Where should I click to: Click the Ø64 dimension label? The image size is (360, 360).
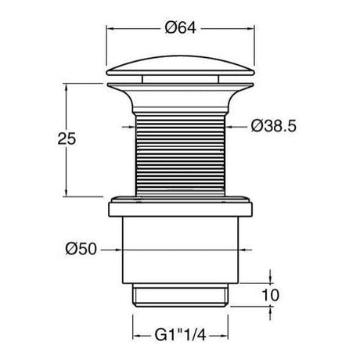pos(180,27)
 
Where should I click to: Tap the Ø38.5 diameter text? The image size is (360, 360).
pos(274,126)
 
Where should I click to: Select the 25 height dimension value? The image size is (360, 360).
pos(67,139)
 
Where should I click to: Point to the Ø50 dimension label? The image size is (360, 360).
pos(81,249)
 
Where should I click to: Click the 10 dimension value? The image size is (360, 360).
pos(271,295)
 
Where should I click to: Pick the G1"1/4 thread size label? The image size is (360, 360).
pos(180,335)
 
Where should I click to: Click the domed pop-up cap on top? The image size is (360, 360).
pos(180,66)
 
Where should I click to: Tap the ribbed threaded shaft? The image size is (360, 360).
pos(180,156)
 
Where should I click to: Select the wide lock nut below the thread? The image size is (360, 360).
pos(180,207)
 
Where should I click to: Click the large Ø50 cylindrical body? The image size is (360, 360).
pos(180,250)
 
